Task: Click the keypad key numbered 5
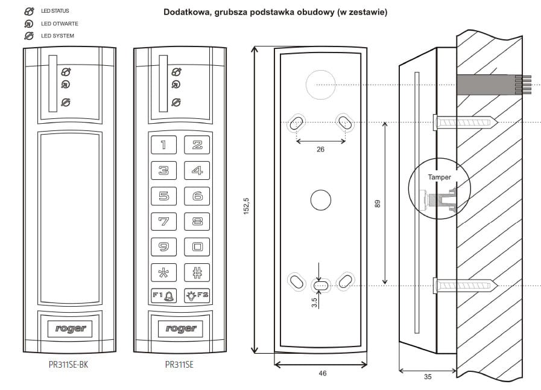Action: [x=163, y=196]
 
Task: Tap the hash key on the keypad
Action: [x=197, y=272]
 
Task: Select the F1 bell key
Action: [x=163, y=296]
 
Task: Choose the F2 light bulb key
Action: [x=197, y=296]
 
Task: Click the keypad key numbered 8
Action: [x=197, y=222]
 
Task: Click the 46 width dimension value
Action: [x=322, y=374]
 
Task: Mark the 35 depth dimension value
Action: [x=428, y=377]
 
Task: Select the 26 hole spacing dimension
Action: [x=320, y=149]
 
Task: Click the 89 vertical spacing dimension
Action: [x=379, y=204]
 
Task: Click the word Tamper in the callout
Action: [x=438, y=177]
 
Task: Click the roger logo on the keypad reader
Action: [x=180, y=328]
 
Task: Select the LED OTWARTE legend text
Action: [x=60, y=24]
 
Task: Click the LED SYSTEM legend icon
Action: [x=28, y=36]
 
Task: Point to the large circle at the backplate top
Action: [x=320, y=85]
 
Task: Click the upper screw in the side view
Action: [x=464, y=122]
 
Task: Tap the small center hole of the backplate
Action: [x=320, y=200]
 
